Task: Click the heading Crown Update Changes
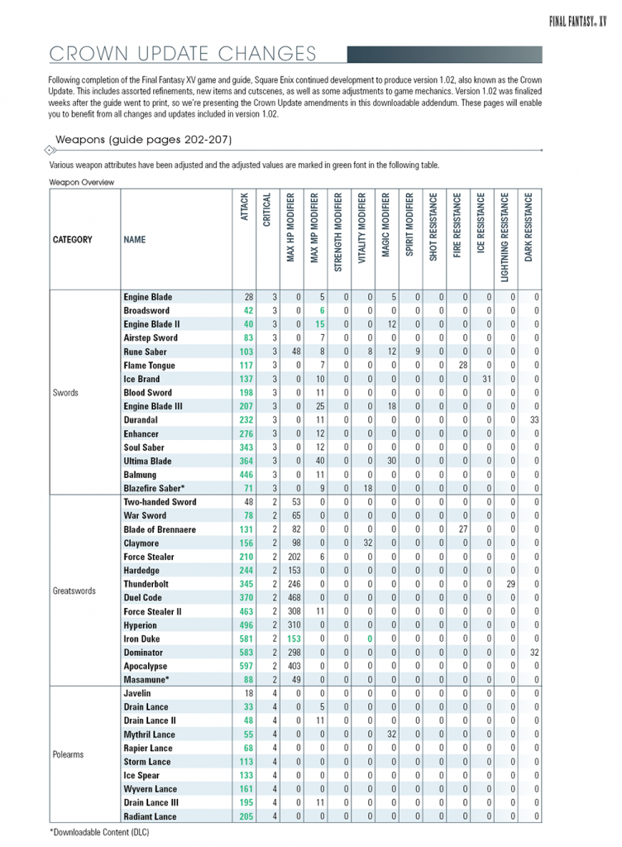(183, 55)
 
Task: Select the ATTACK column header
(246, 207)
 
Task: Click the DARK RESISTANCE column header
(531, 228)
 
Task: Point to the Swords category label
(65, 393)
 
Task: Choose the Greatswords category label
(74, 591)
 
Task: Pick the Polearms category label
(69, 754)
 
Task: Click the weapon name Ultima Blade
(147, 461)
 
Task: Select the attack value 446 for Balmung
(246, 475)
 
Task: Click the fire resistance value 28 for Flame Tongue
(463, 366)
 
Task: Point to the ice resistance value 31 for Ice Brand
(487, 379)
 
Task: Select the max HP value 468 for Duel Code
(294, 597)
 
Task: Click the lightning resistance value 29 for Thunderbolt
(511, 584)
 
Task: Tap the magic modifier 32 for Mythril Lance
(392, 735)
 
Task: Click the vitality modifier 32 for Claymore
(368, 543)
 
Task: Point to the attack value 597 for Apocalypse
(246, 665)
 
